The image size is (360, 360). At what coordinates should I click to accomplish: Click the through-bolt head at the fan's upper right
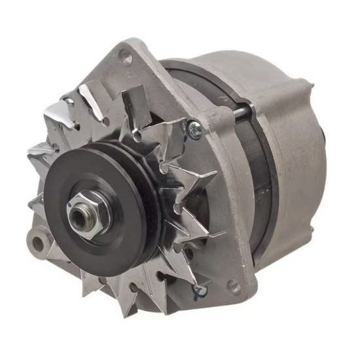193,128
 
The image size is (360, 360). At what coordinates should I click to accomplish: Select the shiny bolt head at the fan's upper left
67,102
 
